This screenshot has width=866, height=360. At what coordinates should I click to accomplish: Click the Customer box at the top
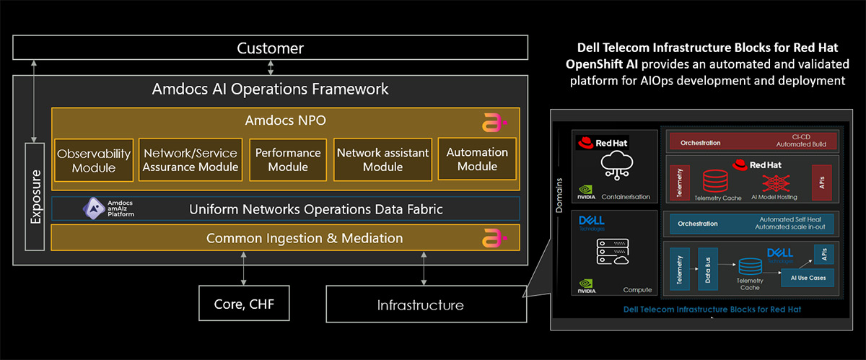click(x=270, y=48)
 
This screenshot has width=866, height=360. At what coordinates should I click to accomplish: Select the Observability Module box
click(x=94, y=159)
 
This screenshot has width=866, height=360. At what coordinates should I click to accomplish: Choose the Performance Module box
click(x=288, y=159)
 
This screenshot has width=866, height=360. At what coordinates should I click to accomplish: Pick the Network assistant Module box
click(x=382, y=159)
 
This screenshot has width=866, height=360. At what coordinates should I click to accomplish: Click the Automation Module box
click(x=477, y=159)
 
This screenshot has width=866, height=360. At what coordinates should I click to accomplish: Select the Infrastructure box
click(x=420, y=304)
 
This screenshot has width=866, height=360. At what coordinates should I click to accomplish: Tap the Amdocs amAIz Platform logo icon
click(x=93, y=208)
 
